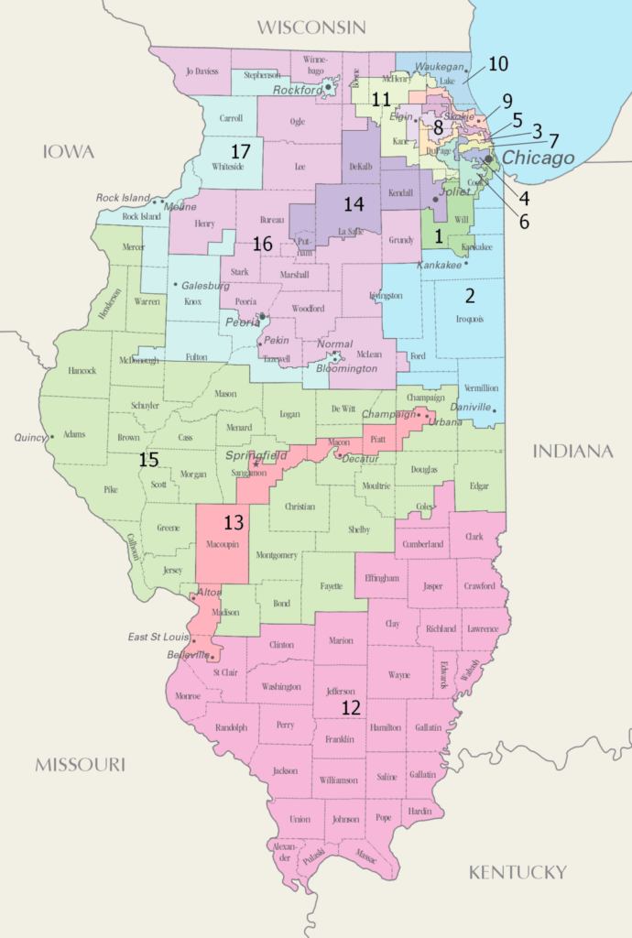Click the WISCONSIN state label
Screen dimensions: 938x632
(311, 27)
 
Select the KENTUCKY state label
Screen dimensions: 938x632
(518, 871)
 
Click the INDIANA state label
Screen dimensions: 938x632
(573, 451)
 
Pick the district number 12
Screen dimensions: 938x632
(351, 707)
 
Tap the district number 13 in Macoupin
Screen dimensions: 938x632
(234, 522)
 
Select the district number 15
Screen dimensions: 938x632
(149, 460)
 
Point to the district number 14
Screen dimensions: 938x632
(354, 202)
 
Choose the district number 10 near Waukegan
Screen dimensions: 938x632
(497, 64)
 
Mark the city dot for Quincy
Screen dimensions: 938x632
(53, 437)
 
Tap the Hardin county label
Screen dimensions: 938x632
(420, 811)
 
